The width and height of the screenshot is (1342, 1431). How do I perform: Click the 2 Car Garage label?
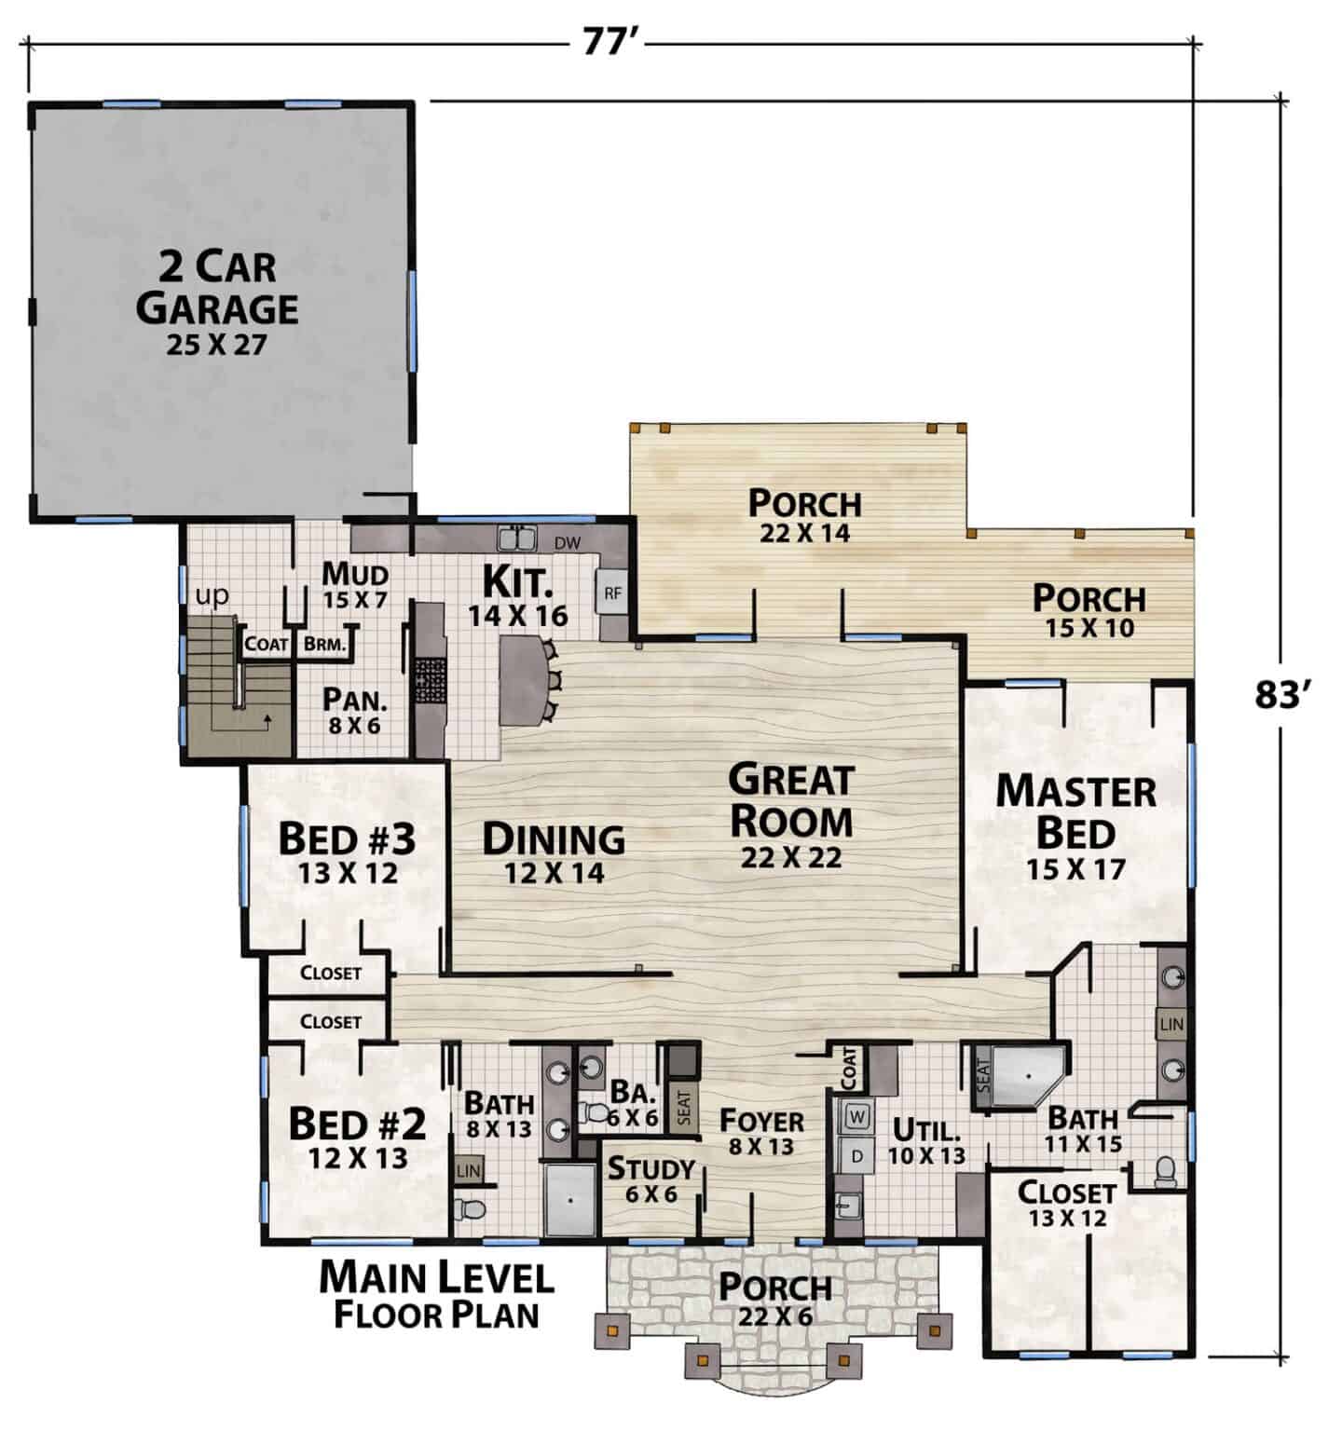218,303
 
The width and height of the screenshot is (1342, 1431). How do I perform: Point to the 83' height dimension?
1283,694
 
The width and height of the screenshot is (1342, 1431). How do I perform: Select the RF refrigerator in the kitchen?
612,593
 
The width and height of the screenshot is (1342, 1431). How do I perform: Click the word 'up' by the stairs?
212,596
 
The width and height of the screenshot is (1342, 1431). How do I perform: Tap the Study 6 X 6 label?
651,1179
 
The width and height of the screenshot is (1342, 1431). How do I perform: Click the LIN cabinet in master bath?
1171,1024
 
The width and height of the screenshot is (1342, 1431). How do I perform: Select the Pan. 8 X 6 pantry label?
354,710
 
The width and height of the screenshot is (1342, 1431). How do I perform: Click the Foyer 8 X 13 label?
762,1132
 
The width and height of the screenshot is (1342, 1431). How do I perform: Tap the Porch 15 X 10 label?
1089,610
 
